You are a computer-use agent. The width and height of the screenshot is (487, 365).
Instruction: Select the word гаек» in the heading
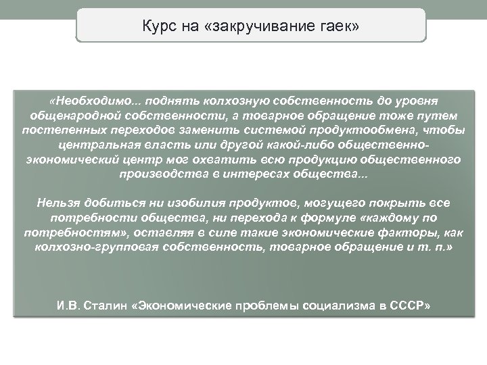[x=341, y=26]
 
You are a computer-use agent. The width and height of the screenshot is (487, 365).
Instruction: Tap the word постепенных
[x=63, y=130]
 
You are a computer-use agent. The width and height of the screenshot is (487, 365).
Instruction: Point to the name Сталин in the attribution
[x=104, y=306]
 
